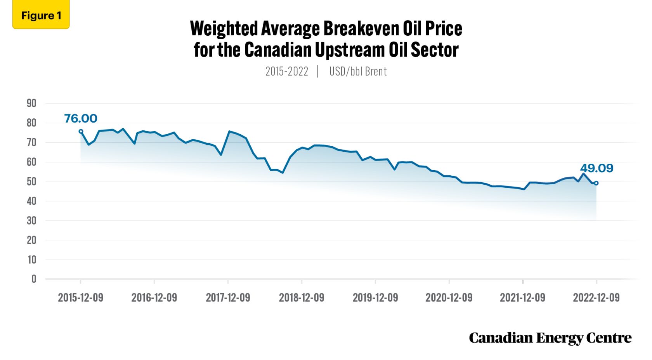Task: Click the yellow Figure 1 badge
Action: (41, 16)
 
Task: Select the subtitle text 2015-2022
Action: (286, 71)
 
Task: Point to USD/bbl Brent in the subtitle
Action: (358, 71)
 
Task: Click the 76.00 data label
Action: (80, 118)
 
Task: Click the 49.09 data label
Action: (597, 168)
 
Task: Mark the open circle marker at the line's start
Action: (81, 132)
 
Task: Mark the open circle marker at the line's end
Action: (596, 183)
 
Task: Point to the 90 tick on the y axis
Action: (31, 104)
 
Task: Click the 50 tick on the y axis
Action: (31, 182)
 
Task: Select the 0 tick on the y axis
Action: (34, 279)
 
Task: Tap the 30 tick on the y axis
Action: (31, 221)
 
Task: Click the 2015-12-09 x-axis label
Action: (80, 298)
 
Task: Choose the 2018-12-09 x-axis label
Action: (302, 298)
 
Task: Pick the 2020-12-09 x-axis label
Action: (449, 298)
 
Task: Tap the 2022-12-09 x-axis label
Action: (596, 298)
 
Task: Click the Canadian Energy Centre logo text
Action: (550, 338)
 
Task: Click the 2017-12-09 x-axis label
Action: (228, 298)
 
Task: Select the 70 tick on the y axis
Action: (31, 143)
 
